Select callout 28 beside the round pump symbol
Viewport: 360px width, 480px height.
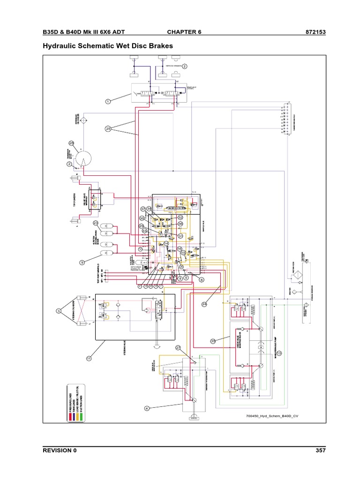pyautogui.click(x=72, y=143)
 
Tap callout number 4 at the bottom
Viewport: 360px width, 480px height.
pyautogui.click(x=147, y=408)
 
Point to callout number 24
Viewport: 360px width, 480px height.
pyautogui.click(x=204, y=304)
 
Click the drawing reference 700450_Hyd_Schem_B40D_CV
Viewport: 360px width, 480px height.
pyautogui.click(x=272, y=416)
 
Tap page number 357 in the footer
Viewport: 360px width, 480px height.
pyautogui.click(x=320, y=450)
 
